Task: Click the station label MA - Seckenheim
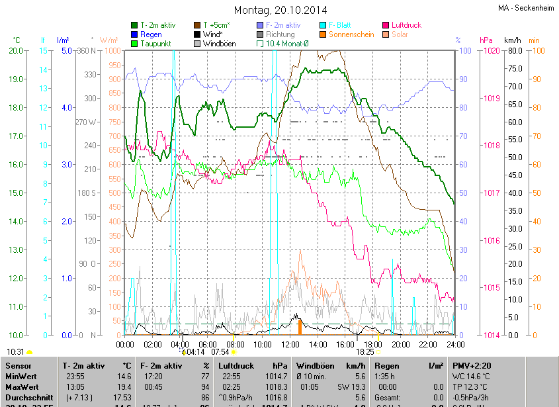(x=527, y=8)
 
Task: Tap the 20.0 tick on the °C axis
(x=15, y=51)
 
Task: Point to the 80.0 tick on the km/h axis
(x=513, y=51)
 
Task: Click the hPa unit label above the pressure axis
(x=486, y=40)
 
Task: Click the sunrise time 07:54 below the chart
(x=220, y=353)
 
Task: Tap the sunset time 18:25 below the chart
(x=365, y=353)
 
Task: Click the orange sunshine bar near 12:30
(x=300, y=326)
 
